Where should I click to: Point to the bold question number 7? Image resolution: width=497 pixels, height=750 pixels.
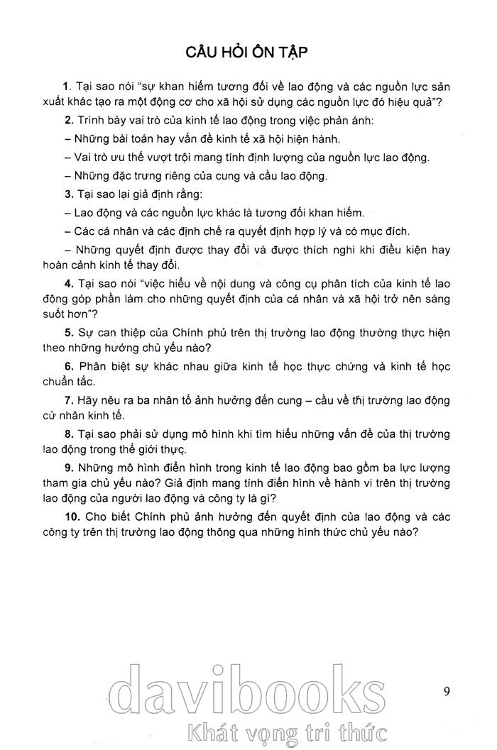[x=67, y=400]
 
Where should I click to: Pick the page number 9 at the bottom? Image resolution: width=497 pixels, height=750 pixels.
[x=446, y=690]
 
